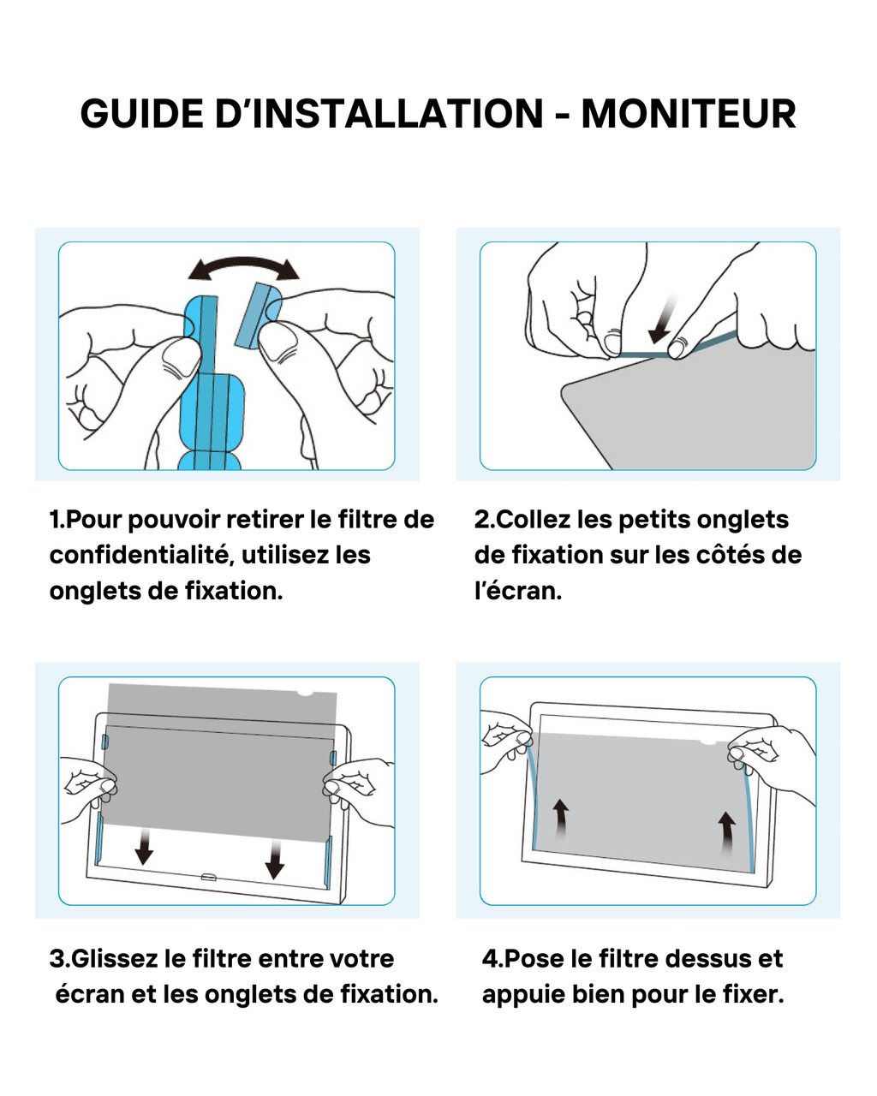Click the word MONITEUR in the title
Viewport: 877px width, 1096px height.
[x=689, y=115]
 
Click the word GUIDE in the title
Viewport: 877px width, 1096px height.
[x=142, y=115]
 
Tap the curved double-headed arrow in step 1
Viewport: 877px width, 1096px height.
[x=244, y=267]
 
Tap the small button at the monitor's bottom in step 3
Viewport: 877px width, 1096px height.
[x=208, y=877]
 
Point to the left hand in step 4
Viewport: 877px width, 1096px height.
[x=505, y=738]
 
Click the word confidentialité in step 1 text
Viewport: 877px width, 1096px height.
[x=140, y=555]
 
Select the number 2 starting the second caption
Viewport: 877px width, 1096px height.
[x=482, y=520]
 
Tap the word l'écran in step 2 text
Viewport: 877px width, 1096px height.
[x=517, y=591]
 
